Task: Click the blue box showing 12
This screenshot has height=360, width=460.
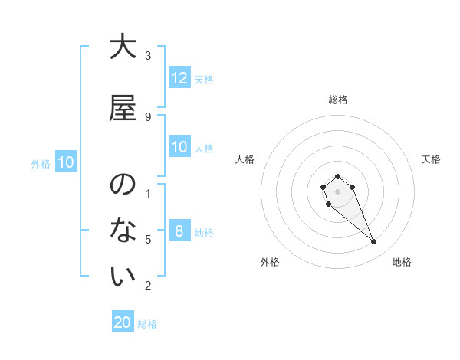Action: tap(179, 78)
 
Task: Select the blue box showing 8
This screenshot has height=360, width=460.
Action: tap(179, 231)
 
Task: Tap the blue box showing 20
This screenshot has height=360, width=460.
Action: tap(123, 322)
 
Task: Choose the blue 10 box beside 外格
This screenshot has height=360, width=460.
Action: tap(66, 162)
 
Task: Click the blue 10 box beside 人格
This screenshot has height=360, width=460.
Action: tap(179, 147)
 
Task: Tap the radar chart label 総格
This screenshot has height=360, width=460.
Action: tap(338, 100)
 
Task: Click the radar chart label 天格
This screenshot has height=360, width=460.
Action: tap(431, 159)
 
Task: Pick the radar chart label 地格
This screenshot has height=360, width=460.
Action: tap(402, 262)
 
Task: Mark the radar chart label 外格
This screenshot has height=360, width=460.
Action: tap(270, 262)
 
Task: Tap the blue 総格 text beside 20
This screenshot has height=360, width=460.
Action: tap(147, 324)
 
